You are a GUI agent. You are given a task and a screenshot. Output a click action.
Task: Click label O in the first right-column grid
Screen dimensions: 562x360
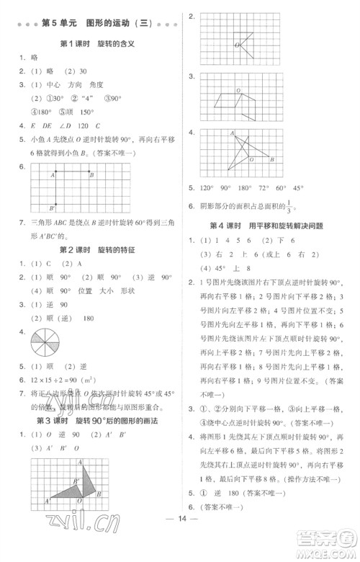coord(237,45)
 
